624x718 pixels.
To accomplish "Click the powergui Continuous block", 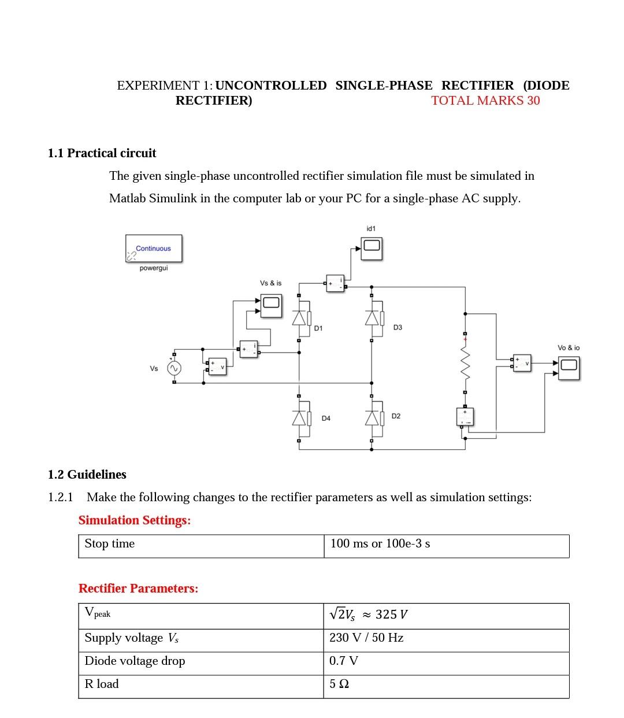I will (x=154, y=249).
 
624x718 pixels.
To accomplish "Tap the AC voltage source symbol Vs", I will (x=174, y=368).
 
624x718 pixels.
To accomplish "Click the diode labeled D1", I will (x=299, y=319).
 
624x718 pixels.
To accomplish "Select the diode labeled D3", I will (x=372, y=318).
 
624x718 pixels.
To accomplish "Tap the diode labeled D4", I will (x=299, y=417).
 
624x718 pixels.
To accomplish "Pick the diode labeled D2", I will (x=372, y=417).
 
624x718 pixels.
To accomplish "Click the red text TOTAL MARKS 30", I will (x=485, y=101).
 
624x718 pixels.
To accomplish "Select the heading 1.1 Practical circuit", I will (x=102, y=153).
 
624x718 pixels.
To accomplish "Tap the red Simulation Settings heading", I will (x=135, y=520).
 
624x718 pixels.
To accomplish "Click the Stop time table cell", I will (x=201, y=544).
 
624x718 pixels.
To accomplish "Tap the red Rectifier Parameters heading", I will (x=139, y=589).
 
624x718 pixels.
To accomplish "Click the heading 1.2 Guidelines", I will (x=87, y=475).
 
